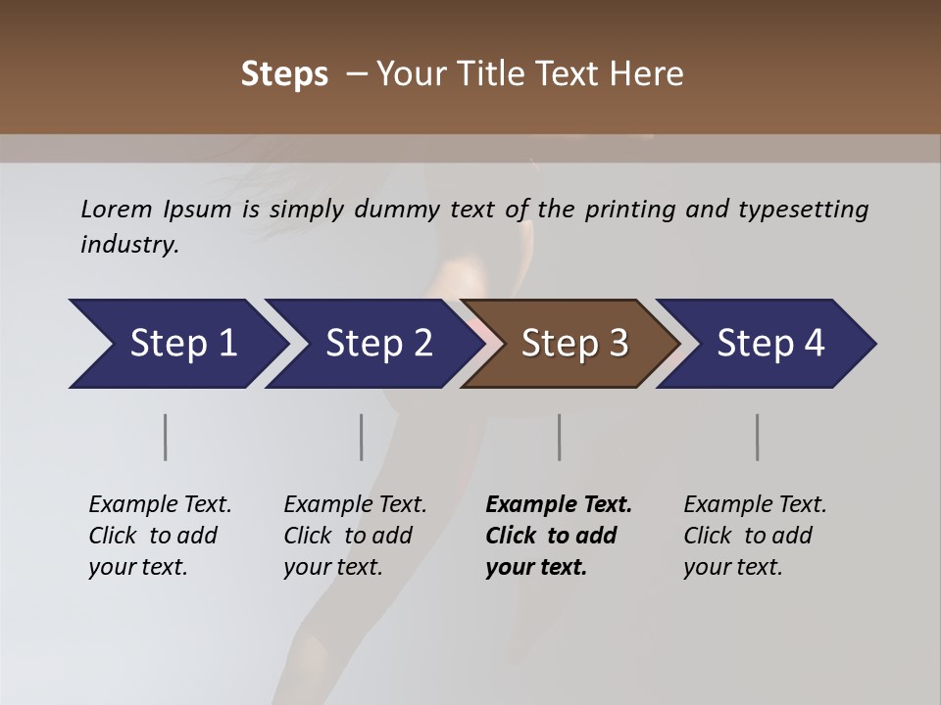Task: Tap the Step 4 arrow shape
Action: click(x=765, y=344)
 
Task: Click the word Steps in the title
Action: click(x=284, y=74)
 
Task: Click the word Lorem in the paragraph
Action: click(x=116, y=210)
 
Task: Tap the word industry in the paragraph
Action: click(x=129, y=245)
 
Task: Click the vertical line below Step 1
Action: click(x=166, y=437)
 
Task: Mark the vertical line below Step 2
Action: click(x=362, y=437)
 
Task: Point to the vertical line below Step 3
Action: click(x=560, y=437)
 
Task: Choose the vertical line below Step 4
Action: click(x=758, y=437)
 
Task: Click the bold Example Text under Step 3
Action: click(x=559, y=505)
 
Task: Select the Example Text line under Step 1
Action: click(x=160, y=505)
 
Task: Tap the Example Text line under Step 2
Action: click(x=355, y=505)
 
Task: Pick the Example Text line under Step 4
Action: click(x=755, y=505)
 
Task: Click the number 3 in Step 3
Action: click(x=618, y=344)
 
